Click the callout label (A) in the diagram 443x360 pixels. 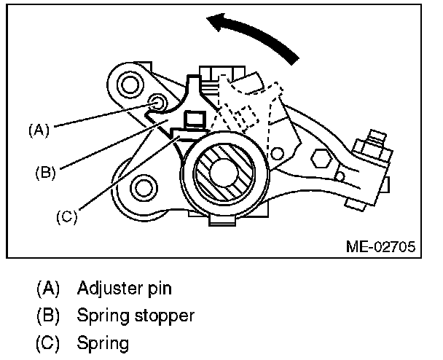pos(38,130)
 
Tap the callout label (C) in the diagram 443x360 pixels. pos(66,216)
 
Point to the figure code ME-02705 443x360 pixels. pos(380,246)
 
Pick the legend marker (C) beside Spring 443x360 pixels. pos(47,343)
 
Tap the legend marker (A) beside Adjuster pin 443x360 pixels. pos(47,288)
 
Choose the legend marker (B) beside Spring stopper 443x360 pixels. pos(47,316)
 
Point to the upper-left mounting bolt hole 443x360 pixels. pos(130,85)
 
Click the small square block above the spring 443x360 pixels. pos(195,119)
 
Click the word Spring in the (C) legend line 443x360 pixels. pos(102,343)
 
